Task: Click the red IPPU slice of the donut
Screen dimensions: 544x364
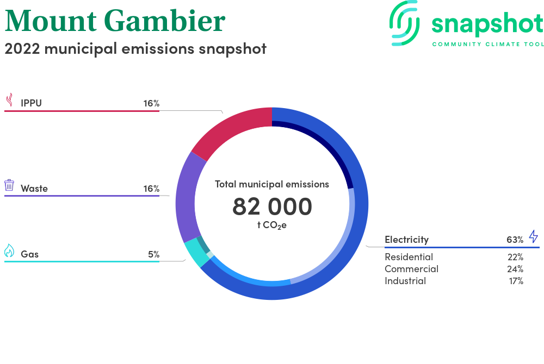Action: [x=232, y=130]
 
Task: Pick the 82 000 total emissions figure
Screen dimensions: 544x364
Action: [x=272, y=206]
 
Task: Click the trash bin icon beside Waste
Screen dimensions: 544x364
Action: [x=9, y=185]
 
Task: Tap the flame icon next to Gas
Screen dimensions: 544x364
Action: [x=9, y=250]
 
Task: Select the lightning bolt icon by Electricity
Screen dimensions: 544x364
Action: [x=533, y=236]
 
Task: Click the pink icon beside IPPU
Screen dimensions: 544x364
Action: [x=10, y=99]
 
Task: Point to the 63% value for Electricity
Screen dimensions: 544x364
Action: [x=515, y=240]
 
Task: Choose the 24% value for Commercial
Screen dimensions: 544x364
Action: [x=515, y=269]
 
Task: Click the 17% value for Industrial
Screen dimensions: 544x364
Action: [x=516, y=281]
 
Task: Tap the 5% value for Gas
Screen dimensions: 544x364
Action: [x=154, y=254]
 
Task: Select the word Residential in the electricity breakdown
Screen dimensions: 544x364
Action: [x=409, y=257]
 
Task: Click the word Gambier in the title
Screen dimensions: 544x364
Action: [x=165, y=21]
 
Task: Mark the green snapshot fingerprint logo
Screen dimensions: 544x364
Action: [x=405, y=23]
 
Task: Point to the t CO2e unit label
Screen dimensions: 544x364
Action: [x=272, y=225]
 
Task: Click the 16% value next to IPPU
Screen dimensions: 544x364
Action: [x=152, y=103]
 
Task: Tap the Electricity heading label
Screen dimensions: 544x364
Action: [x=406, y=240]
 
